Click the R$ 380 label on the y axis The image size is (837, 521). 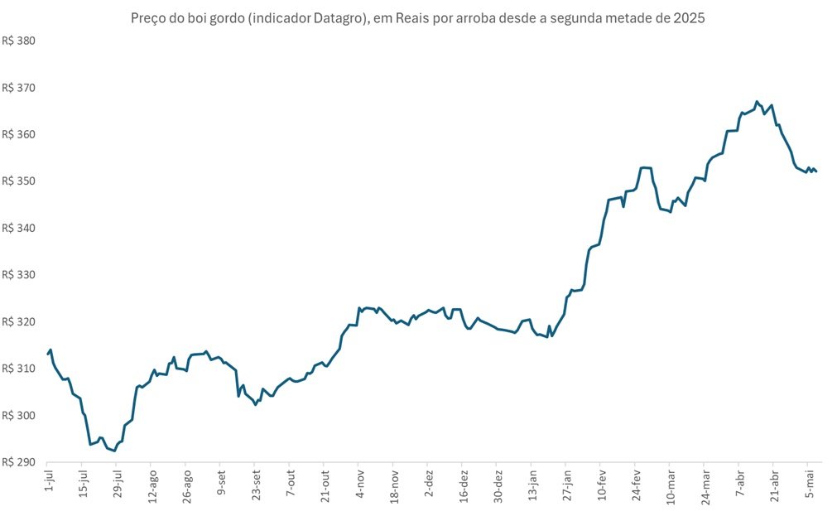pyautogui.click(x=19, y=41)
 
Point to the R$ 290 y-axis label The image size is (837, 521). pyautogui.click(x=19, y=462)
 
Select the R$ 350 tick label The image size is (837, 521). pyautogui.click(x=19, y=181)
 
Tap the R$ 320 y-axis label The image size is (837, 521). pyautogui.click(x=19, y=322)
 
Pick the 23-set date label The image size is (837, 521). pyautogui.click(x=256, y=485)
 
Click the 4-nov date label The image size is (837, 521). pyautogui.click(x=360, y=484)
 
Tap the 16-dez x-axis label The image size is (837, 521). pyautogui.click(x=464, y=485)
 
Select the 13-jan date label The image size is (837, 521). pyautogui.click(x=533, y=485)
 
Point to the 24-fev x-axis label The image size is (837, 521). pyautogui.click(x=637, y=485)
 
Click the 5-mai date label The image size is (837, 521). pyautogui.click(x=811, y=484)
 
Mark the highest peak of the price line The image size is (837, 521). pyautogui.click(x=757, y=101)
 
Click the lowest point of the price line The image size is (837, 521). pyautogui.click(x=114, y=451)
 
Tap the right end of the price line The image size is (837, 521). pyautogui.click(x=816, y=171)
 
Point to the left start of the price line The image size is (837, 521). pyautogui.click(x=47, y=354)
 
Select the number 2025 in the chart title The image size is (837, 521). pyautogui.click(x=689, y=18)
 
